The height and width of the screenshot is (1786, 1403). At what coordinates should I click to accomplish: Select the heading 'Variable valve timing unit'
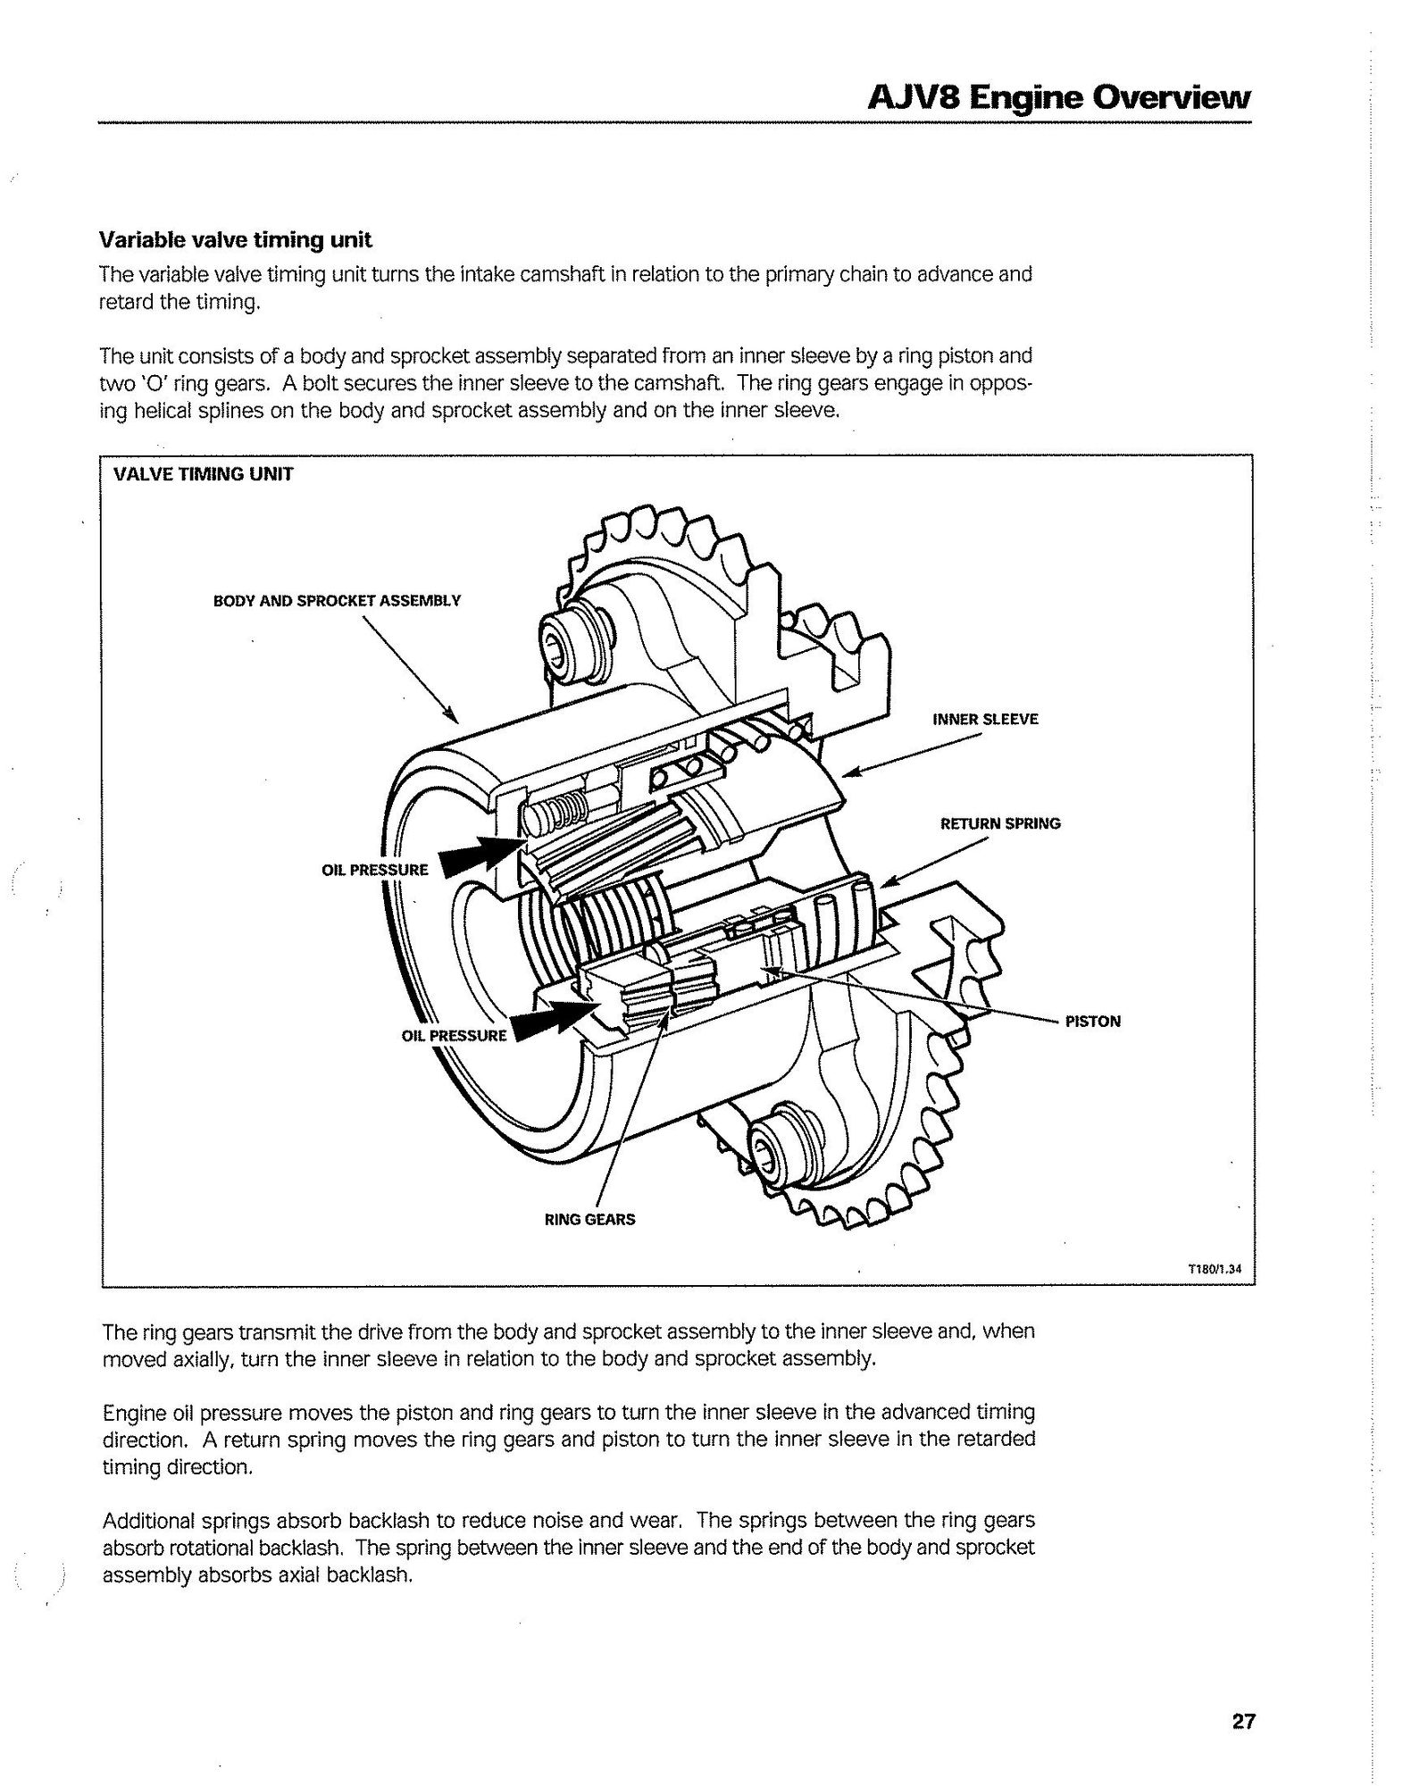coord(235,240)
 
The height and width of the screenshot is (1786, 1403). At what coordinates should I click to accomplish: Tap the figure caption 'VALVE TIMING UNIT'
coord(203,474)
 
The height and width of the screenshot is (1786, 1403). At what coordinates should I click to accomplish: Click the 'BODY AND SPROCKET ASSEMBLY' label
coord(337,601)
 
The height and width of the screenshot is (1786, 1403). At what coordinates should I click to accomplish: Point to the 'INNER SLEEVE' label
coord(985,719)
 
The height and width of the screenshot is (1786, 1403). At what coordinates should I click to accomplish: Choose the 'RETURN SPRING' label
coord(1000,823)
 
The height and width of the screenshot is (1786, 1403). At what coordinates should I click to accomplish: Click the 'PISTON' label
coord(1093,1022)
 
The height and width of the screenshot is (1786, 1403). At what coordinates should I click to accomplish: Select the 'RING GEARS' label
coord(589,1219)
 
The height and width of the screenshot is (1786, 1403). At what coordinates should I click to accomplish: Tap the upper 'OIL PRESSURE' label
coord(375,870)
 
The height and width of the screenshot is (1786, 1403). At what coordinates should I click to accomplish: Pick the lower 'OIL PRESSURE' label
coord(454,1036)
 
